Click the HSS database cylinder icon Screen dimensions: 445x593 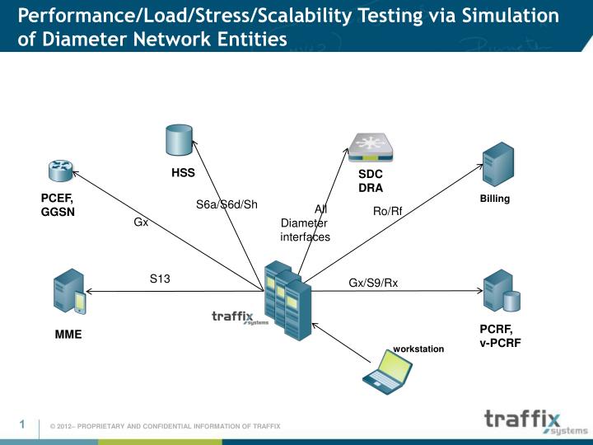click(x=178, y=140)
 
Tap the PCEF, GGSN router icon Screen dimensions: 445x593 click(x=60, y=171)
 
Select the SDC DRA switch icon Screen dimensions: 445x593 click(x=371, y=147)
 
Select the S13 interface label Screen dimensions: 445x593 click(x=160, y=279)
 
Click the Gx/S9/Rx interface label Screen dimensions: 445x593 click(x=373, y=283)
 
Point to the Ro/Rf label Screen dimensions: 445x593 click(x=387, y=212)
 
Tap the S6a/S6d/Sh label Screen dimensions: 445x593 click(x=226, y=205)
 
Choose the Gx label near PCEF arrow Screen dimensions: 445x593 click(x=141, y=222)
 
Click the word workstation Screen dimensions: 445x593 click(x=418, y=349)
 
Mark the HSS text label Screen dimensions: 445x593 click(x=182, y=173)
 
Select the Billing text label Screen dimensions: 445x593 click(x=495, y=199)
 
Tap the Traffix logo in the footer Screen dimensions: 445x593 click(x=535, y=421)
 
